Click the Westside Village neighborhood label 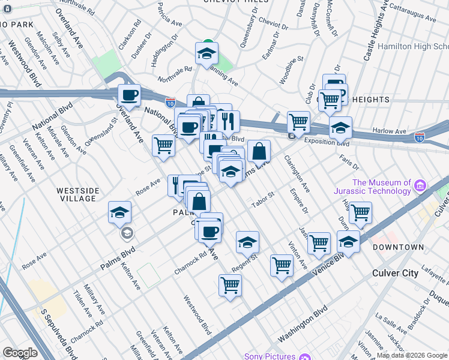(77, 194)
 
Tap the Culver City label (394, 273)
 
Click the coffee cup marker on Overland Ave (129, 94)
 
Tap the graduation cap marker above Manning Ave (206, 53)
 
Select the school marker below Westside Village (120, 212)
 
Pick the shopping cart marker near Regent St (281, 265)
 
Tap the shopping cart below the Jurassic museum (360, 212)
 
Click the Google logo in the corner (20, 353)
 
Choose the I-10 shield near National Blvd (170, 103)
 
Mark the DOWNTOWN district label (398, 247)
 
